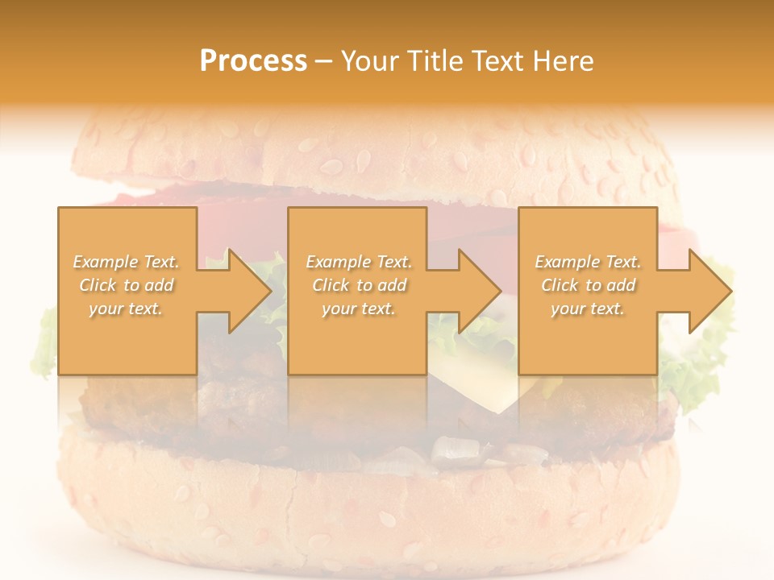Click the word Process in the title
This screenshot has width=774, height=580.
253,61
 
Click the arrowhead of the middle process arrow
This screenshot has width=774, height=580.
479,291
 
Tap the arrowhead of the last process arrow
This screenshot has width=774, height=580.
709,291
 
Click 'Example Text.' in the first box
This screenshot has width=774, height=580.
126,262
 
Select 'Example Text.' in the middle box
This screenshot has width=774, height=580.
359,262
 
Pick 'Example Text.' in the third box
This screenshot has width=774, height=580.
588,262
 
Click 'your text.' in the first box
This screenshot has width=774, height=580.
126,309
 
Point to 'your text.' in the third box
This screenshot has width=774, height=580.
588,309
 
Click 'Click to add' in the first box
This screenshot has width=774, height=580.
126,285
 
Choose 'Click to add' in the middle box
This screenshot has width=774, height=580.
359,285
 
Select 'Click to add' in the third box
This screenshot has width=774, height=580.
588,285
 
